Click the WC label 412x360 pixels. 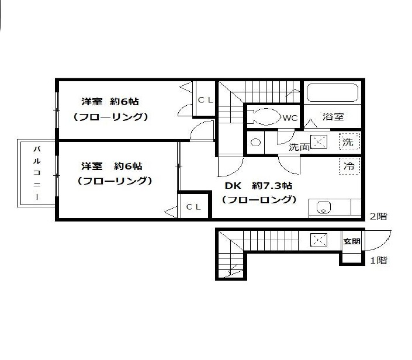point(290,118)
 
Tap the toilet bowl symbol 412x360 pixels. point(264,117)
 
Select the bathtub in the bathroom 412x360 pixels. point(333,92)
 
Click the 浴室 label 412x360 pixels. point(333,117)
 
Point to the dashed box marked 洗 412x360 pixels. point(349,142)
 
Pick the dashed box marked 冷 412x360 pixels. point(349,166)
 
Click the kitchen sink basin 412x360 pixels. point(323,207)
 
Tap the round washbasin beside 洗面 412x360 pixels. point(255,143)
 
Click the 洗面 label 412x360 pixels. point(299,147)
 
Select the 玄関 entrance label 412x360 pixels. point(352,241)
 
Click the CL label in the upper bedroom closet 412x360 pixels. point(205,100)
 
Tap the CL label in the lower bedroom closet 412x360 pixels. point(193,207)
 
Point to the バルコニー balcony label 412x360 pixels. point(37,173)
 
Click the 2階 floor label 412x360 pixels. point(378,216)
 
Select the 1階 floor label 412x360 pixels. point(378,261)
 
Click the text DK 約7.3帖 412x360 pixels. point(258,186)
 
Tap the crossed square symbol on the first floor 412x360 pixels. point(318,240)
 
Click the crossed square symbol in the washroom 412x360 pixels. point(318,142)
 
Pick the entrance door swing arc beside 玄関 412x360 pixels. point(378,240)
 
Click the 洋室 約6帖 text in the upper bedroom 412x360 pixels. point(110,102)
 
